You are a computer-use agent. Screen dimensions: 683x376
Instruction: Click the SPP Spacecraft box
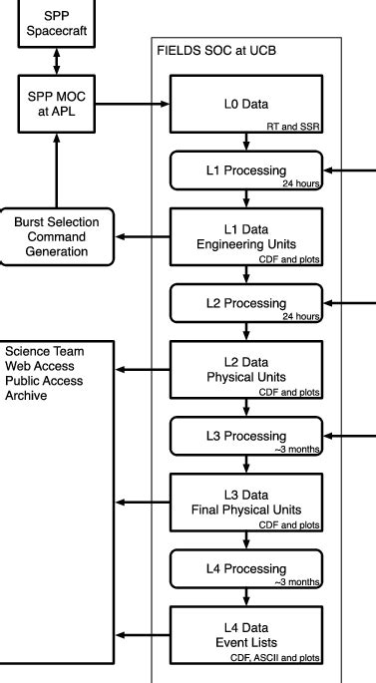[62, 22]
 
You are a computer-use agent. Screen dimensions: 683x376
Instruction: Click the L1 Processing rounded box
[245, 170]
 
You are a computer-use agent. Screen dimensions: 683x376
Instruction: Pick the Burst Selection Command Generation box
[58, 235]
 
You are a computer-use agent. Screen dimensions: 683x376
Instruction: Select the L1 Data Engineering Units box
[245, 236]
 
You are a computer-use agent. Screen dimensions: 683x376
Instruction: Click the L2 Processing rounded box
[245, 303]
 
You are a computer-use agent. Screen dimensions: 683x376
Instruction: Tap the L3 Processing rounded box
[245, 436]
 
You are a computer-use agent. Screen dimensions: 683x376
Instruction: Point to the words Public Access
[44, 381]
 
